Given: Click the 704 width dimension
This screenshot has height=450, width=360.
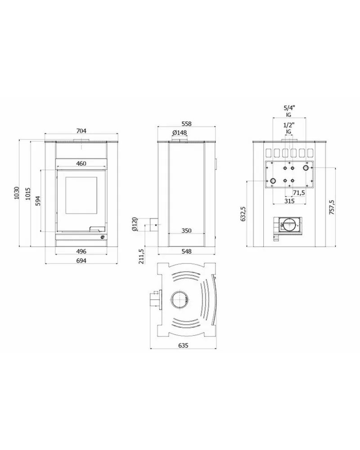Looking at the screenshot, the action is click(81, 131).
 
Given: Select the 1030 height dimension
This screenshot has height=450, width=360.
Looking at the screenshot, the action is click(17, 193).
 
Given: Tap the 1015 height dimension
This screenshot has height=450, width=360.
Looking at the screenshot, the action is click(27, 194).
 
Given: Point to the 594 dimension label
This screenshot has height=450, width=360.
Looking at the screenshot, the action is click(38, 200).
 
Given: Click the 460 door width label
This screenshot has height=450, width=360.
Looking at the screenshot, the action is click(81, 164).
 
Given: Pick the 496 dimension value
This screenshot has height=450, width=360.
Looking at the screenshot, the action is click(81, 251).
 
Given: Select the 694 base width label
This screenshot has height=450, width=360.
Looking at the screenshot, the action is click(81, 261).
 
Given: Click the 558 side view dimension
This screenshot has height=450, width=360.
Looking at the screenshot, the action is click(186, 124).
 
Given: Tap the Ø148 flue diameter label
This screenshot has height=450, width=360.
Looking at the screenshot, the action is click(180, 132).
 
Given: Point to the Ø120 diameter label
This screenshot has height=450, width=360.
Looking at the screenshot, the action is click(135, 224).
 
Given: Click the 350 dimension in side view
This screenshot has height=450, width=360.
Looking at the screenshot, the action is click(186, 231).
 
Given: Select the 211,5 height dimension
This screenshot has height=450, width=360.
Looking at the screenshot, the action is click(141, 256).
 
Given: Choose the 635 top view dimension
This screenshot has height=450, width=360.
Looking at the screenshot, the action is click(183, 345).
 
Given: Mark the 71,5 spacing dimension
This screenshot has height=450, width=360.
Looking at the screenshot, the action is click(299, 193).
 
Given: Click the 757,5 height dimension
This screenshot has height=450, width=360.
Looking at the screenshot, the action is click(332, 207).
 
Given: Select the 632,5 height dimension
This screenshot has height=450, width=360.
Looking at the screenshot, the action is click(243, 214).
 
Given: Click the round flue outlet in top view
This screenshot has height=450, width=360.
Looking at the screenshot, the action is click(179, 300).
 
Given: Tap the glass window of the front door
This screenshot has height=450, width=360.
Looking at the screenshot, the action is click(81, 195).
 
